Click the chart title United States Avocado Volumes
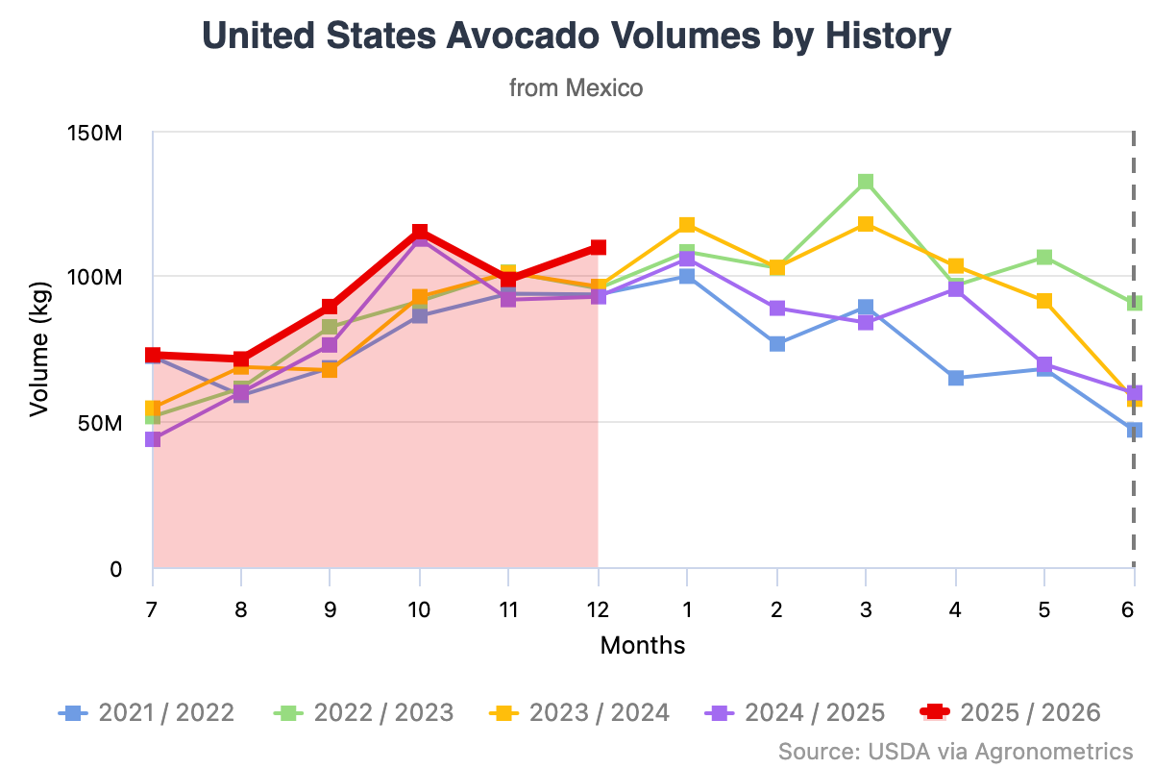(x=576, y=37)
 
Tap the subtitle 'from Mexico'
(x=576, y=87)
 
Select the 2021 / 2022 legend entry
(x=146, y=712)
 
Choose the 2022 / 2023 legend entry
(x=364, y=712)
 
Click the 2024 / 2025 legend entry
(x=796, y=712)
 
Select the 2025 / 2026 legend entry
(x=1012, y=712)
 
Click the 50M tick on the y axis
(x=101, y=423)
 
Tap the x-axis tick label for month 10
(x=419, y=609)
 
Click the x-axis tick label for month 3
(x=866, y=609)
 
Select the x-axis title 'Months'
(x=643, y=645)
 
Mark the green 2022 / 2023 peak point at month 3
(x=866, y=182)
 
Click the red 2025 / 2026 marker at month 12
(x=598, y=248)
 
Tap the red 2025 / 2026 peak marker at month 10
(x=420, y=233)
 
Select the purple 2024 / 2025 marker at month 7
(x=153, y=439)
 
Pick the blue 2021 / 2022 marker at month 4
(x=956, y=378)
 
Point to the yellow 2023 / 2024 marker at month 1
(x=687, y=225)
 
